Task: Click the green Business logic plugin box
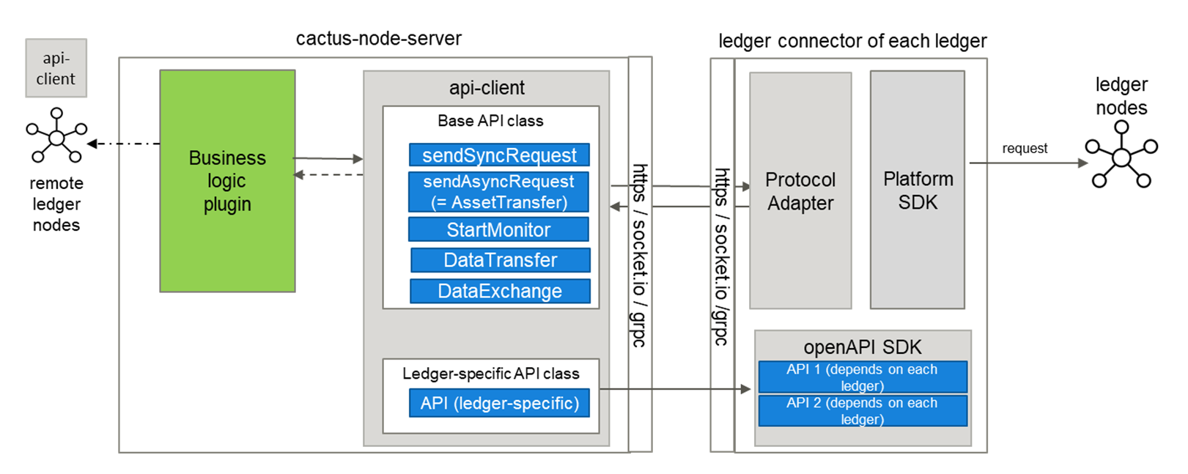click(227, 181)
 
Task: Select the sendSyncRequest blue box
click(499, 155)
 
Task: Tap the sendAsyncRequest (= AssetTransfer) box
click(498, 191)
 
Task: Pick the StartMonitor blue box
click(498, 229)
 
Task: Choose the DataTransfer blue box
click(501, 260)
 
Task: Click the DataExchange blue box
click(500, 291)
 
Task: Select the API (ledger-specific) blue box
click(499, 403)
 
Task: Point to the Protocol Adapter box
click(800, 190)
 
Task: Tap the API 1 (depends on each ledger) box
click(863, 377)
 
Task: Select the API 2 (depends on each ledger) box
click(863, 410)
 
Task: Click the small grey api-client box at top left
click(56, 68)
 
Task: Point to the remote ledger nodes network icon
click(56, 136)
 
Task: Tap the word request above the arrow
click(1025, 149)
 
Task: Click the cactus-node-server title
click(379, 39)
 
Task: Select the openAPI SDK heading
click(863, 347)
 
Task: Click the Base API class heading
click(490, 121)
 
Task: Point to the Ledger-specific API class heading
click(490, 374)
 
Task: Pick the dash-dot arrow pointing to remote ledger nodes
click(124, 144)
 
